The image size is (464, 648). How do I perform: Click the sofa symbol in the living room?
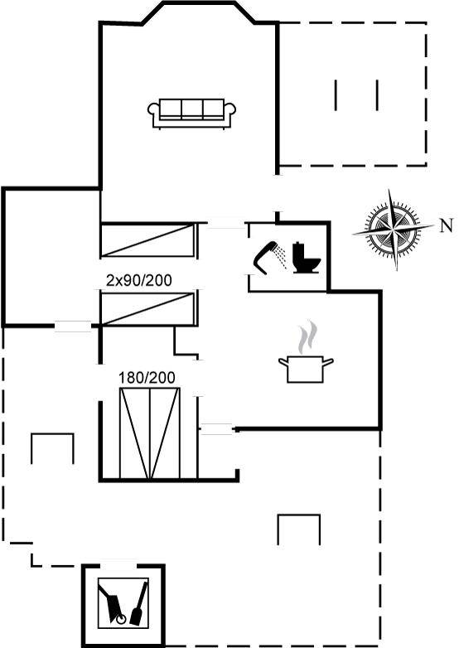coord(191,114)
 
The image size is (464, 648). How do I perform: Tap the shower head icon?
coord(263,259)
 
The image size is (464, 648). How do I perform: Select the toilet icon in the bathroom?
coord(307,258)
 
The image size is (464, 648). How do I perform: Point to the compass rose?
coord(393,229)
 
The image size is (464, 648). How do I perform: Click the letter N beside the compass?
coord(447,225)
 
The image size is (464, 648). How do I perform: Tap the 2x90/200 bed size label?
coord(139,281)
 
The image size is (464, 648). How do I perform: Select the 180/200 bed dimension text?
coord(147,377)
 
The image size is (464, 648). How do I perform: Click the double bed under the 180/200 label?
coord(150,433)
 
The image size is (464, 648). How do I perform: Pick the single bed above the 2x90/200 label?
coord(147,240)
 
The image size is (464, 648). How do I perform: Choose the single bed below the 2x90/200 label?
coord(147,309)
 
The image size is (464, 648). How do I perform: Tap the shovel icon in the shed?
coord(139,603)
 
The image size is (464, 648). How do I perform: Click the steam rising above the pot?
coord(308,337)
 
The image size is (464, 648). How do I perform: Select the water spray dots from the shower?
coord(282,255)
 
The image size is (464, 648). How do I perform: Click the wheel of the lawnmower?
coord(121,620)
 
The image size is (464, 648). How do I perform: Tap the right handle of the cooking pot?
coord(328,362)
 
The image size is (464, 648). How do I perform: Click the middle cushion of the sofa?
coord(192,109)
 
